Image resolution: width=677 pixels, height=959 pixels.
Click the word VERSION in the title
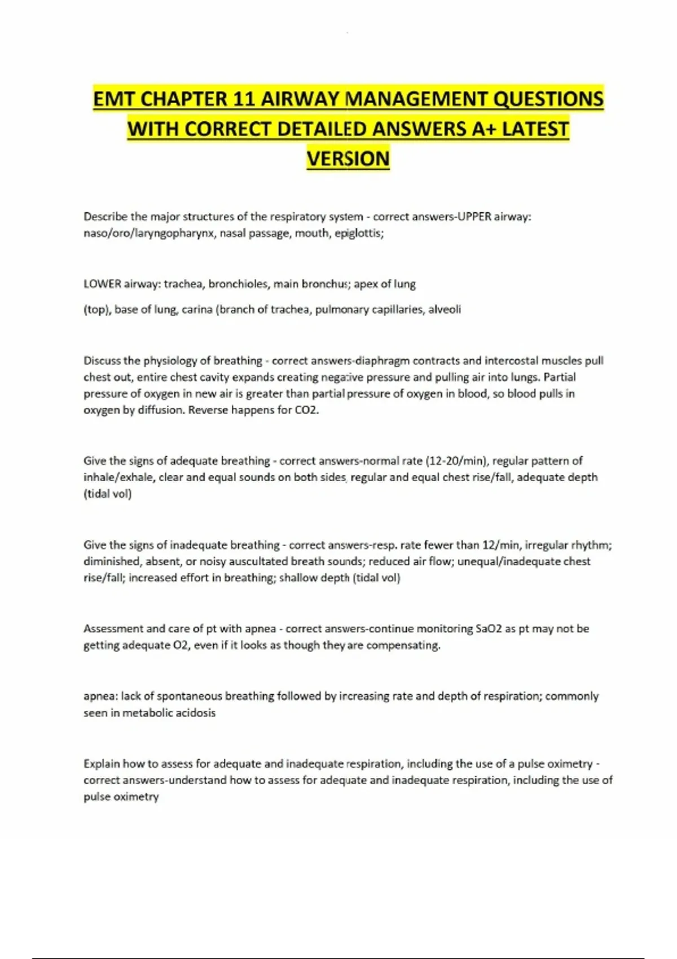point(348,159)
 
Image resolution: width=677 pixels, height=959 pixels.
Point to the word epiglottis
point(359,233)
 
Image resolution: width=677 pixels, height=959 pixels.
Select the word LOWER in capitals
point(102,284)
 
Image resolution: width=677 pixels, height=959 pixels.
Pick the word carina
point(197,309)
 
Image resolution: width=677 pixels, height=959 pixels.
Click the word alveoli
point(445,309)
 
